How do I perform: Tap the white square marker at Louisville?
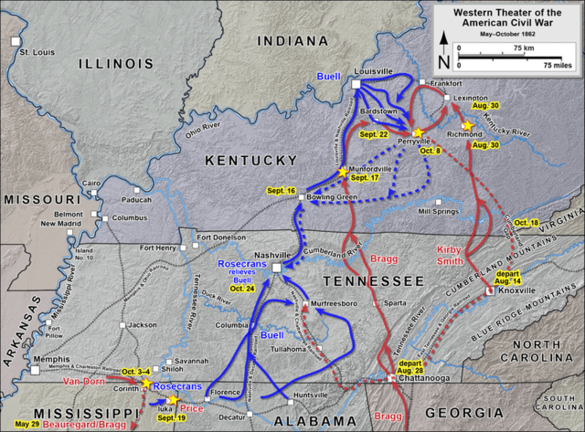point(356,84)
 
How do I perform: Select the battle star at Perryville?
point(418,132)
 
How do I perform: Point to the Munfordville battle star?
point(344,172)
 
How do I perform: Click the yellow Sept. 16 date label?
point(282,190)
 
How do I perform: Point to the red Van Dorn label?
point(83,381)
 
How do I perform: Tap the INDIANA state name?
point(292,42)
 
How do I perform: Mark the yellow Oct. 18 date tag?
point(527,223)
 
